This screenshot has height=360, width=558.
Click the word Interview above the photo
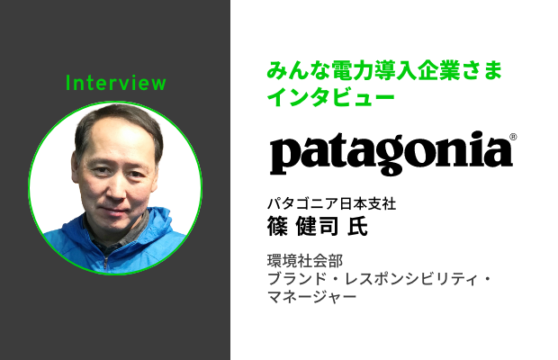(x=115, y=84)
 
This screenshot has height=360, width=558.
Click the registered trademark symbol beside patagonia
(x=513, y=138)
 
